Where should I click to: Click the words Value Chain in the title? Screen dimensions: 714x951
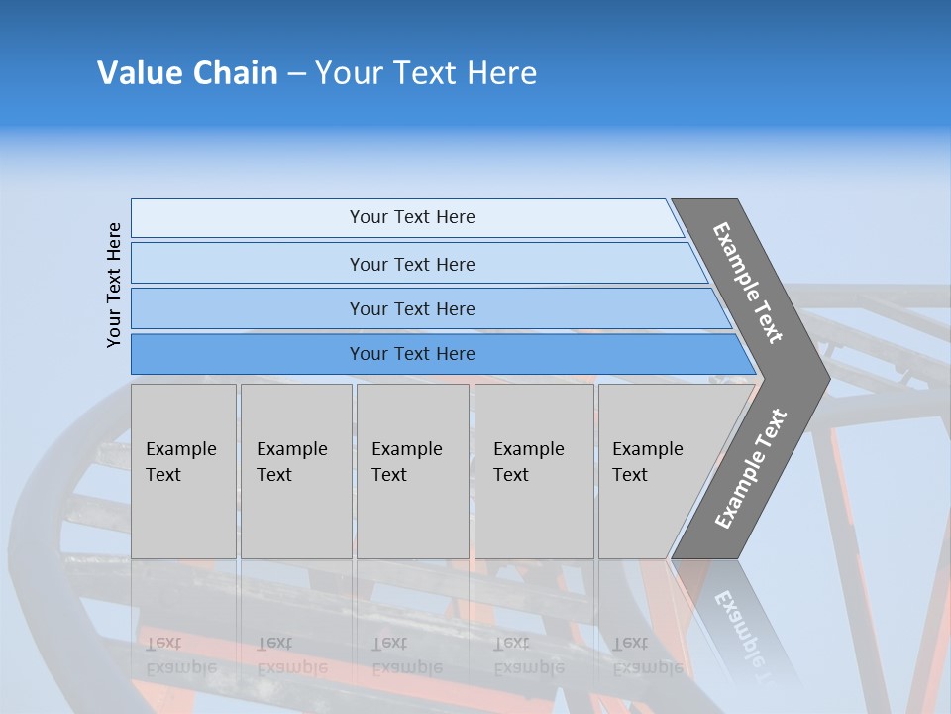187,73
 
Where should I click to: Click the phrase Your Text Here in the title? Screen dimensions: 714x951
426,73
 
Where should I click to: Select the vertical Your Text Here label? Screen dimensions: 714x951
114,285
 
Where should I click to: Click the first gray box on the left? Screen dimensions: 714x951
183,471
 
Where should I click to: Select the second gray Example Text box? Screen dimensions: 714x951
296,471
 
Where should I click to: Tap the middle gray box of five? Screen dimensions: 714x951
412,471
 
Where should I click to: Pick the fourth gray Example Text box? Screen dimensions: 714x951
534,471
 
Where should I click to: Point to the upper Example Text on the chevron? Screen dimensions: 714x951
748,283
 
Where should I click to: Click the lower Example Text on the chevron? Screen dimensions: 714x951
751,468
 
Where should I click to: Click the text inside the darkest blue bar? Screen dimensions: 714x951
412,354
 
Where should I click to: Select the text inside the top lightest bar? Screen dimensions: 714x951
412,217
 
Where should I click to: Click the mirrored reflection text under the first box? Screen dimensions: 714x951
181,655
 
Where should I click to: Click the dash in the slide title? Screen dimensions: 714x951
296,74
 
